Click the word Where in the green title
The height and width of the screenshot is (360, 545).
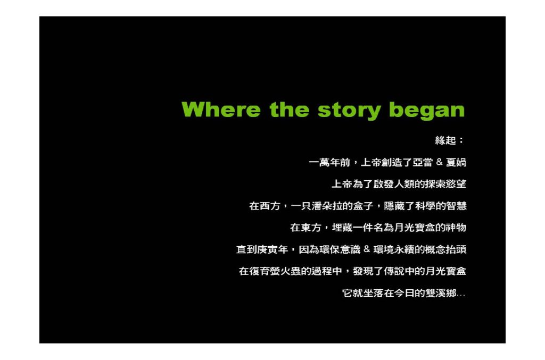pos(221,110)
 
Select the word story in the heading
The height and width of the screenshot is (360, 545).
pos(349,111)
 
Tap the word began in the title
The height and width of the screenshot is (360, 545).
pos(427,111)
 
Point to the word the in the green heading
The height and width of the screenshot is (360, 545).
pos(289,110)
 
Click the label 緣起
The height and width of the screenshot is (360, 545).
pos(445,140)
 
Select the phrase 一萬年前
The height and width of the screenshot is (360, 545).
pos(329,163)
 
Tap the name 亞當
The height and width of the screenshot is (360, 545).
pos(423,163)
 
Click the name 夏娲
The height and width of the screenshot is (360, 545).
pos(456,163)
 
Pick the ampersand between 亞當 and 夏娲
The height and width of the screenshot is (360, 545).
pos(439,162)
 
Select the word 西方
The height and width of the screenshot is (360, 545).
pos(270,206)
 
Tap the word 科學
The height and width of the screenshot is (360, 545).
pos(425,206)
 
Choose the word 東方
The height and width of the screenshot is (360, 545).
pos(311,228)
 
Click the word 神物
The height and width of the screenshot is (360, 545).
pos(456,228)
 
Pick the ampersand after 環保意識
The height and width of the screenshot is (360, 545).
pos(367,249)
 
